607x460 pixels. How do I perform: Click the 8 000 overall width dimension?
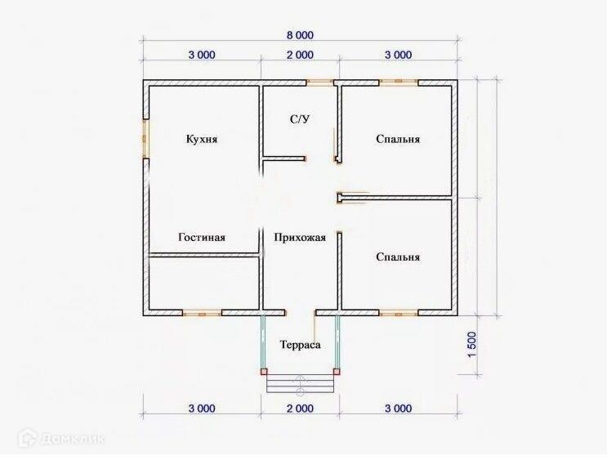[300, 35]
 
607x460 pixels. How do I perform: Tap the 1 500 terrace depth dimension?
[472, 345]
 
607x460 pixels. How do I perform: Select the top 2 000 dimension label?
[300, 55]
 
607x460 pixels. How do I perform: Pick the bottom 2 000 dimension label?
[300, 409]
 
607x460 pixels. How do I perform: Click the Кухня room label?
[202, 139]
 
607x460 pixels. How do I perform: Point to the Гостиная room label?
[202, 237]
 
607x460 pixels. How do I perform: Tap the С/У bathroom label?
[300, 119]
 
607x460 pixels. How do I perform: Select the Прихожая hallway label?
[300, 237]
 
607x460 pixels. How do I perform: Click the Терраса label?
[301, 345]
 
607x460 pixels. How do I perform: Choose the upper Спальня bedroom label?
[398, 139]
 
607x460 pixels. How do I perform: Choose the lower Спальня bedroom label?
[398, 257]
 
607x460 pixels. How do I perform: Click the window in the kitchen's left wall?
[146, 139]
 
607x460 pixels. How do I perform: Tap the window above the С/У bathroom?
[320, 83]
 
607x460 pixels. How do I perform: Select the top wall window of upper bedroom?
[399, 83]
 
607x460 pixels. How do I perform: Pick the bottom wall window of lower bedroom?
[399, 313]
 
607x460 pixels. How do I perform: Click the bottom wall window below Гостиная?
[202, 313]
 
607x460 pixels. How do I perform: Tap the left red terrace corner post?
[264, 372]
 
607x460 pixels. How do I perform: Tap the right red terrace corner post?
[337, 372]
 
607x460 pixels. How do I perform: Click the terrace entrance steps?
[300, 384]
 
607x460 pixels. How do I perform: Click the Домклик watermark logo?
[62, 438]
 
